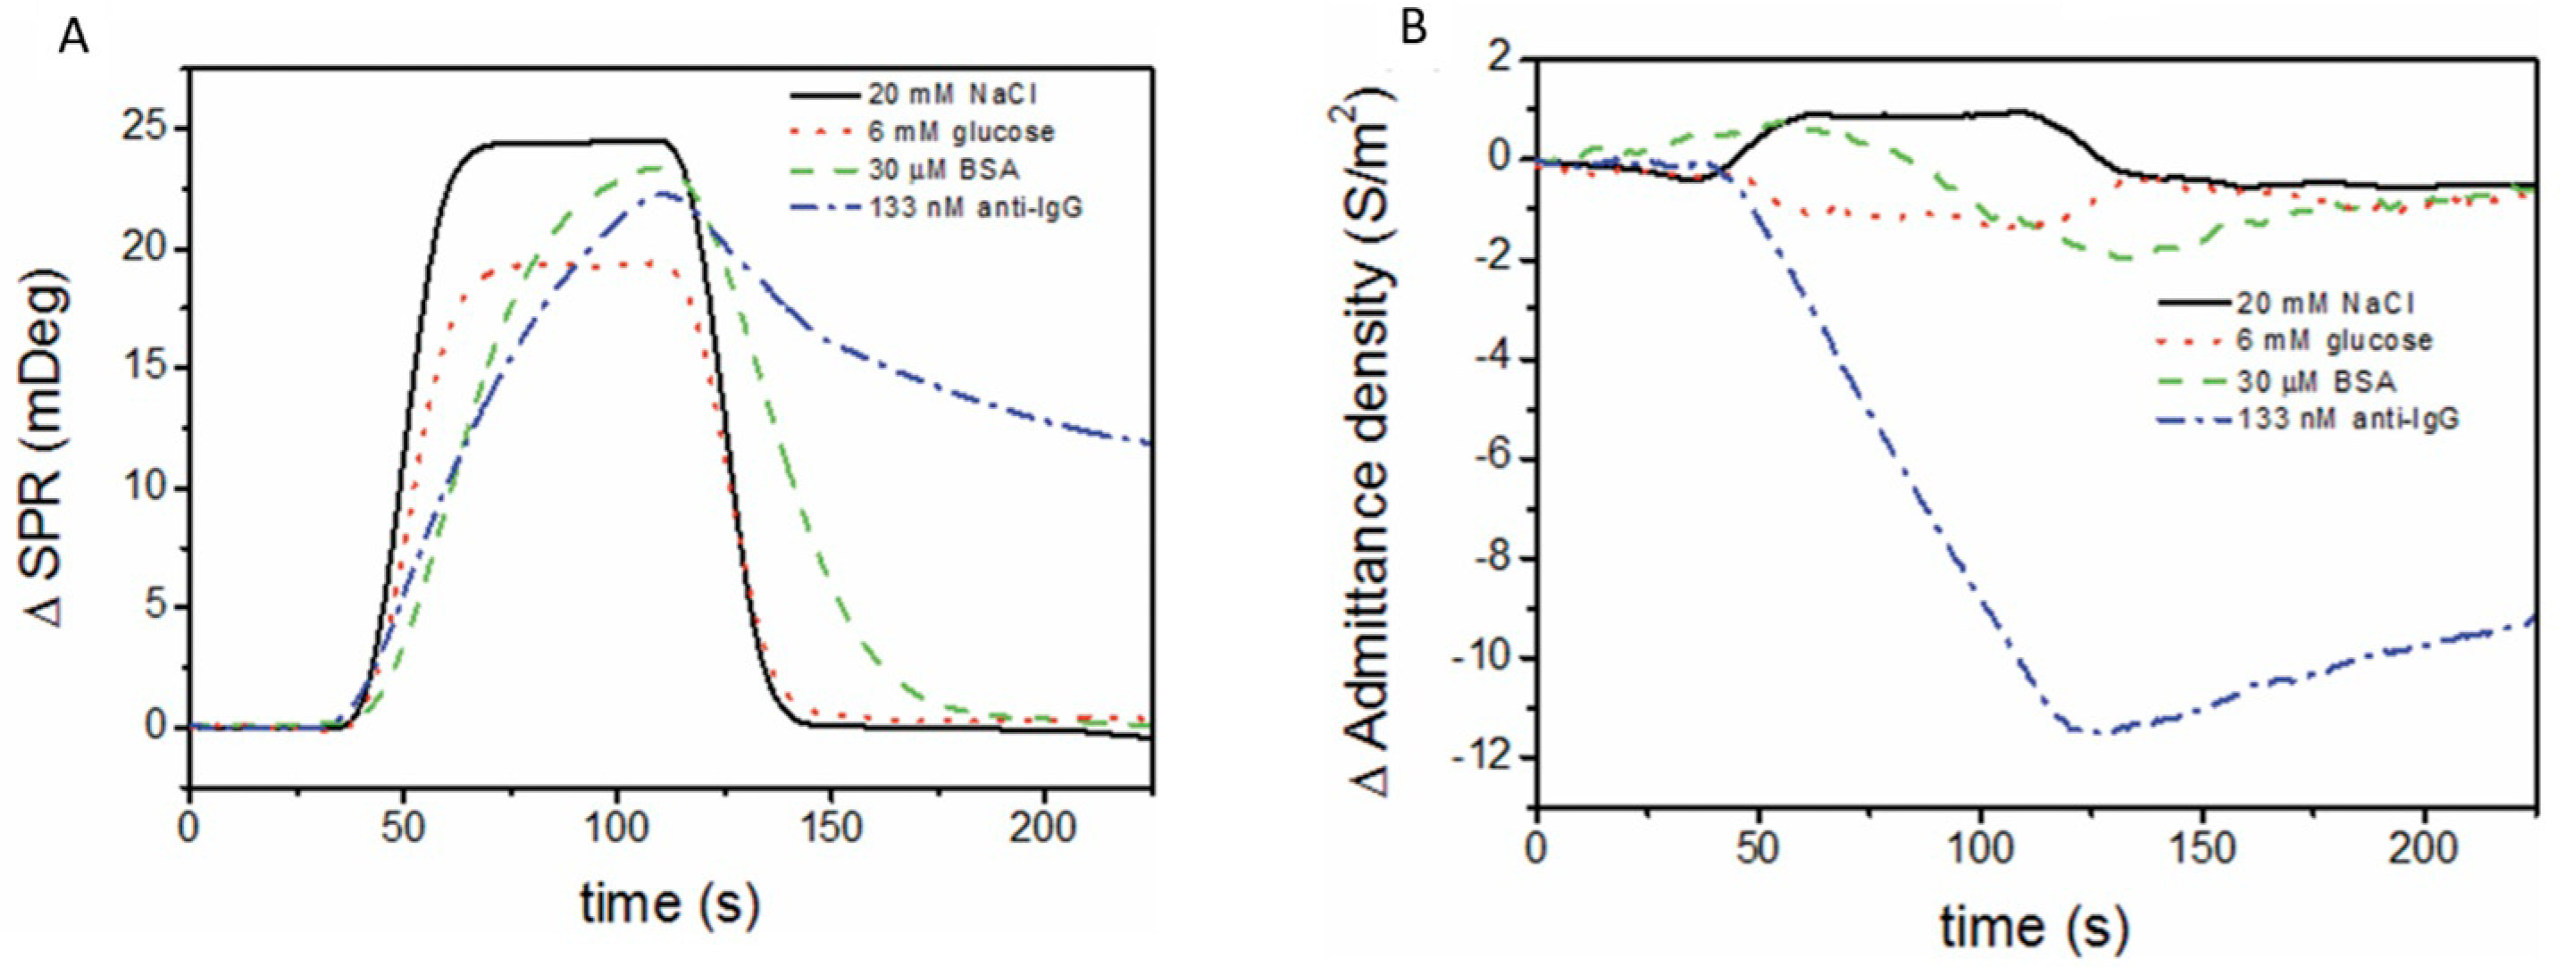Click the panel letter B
[x=1414, y=29]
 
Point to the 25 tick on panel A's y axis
[x=149, y=129]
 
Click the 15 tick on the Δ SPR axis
[x=149, y=369]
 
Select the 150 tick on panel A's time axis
[x=830, y=829]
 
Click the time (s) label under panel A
[x=669, y=904]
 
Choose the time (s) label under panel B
[x=2032, y=926]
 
